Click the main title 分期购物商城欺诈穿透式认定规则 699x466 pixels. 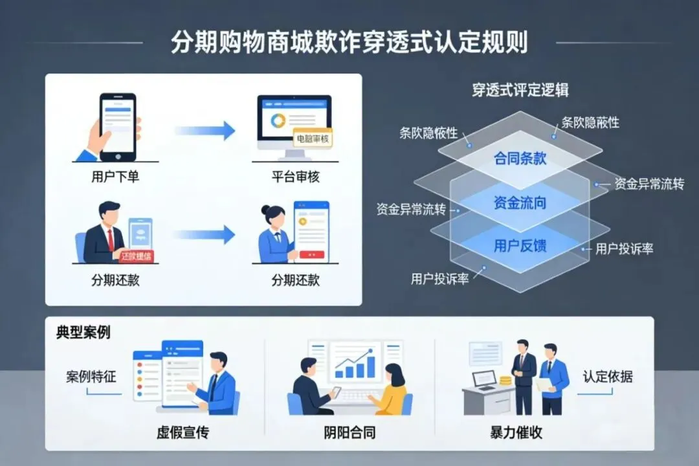point(349,42)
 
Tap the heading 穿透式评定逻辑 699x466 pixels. point(520,89)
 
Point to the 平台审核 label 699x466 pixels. point(295,177)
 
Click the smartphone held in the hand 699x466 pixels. point(118,126)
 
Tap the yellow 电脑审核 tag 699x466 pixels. point(312,139)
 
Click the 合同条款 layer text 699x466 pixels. point(520,158)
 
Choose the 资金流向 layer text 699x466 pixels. point(520,203)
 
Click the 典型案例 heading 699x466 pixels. point(83,333)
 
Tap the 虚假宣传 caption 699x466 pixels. point(183,432)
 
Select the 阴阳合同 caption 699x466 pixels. point(349,432)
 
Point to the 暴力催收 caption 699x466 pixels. point(516,432)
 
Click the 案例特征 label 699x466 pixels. point(91,377)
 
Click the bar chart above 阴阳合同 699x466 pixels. point(355,365)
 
